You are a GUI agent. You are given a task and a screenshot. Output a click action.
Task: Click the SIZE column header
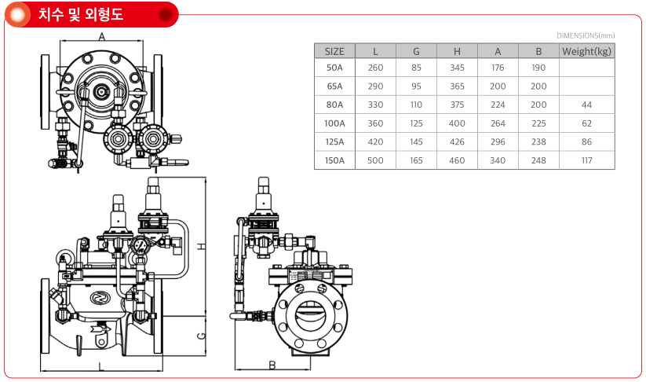click(x=334, y=52)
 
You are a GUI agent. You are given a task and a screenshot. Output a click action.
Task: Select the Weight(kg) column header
click(x=586, y=52)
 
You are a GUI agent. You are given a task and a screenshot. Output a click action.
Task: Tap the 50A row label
click(x=334, y=68)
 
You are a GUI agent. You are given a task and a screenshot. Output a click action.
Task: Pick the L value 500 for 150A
click(x=375, y=160)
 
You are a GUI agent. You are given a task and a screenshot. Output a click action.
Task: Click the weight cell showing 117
click(x=586, y=160)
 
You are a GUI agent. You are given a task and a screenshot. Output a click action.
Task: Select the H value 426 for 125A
click(x=457, y=142)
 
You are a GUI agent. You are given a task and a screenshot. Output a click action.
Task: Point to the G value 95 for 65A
click(x=416, y=86)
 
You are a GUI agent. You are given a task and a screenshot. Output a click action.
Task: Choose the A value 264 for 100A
click(x=498, y=123)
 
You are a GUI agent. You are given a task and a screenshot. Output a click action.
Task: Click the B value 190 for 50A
click(x=538, y=68)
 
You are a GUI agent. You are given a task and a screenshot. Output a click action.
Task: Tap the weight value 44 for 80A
click(x=586, y=105)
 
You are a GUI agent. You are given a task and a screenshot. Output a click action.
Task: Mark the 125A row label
click(x=334, y=142)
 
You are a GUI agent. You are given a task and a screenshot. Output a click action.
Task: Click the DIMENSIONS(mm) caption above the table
click(x=586, y=36)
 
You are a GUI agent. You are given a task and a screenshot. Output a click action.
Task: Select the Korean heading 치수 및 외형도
click(x=81, y=14)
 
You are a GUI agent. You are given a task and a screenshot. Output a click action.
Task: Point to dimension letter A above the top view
click(x=102, y=37)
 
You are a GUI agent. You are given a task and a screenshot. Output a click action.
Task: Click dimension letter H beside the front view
click(x=202, y=246)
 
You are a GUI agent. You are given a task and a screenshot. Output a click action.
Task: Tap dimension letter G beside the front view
click(x=202, y=336)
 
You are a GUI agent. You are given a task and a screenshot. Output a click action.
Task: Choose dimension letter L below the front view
click(x=101, y=366)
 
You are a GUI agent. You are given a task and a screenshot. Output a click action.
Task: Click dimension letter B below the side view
click(x=272, y=365)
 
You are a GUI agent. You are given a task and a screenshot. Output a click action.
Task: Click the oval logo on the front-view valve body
click(x=99, y=297)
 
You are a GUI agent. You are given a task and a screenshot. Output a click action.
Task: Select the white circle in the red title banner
click(x=17, y=15)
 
